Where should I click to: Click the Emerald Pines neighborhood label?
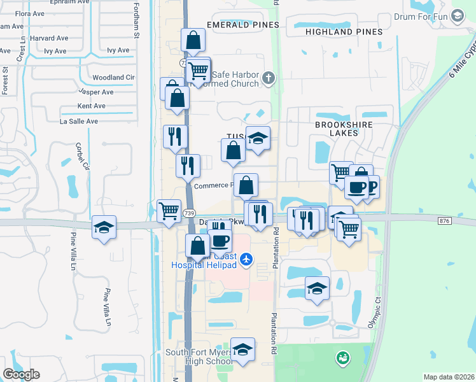pyautogui.click(x=242, y=25)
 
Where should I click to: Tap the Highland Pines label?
pyautogui.click(x=344, y=31)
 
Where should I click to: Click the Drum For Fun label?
pyautogui.click(x=422, y=17)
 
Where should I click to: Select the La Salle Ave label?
pyautogui.click(x=79, y=121)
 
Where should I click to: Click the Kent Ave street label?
pyautogui.click(x=91, y=106)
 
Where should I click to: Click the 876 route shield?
pyautogui.click(x=444, y=220)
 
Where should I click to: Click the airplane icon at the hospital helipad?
pyautogui.click(x=247, y=258)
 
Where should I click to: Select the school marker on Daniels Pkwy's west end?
pyautogui.click(x=104, y=228)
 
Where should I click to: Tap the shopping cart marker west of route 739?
pyautogui.click(x=169, y=211)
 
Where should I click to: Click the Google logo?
pyautogui.click(x=21, y=374)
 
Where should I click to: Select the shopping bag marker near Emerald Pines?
pyautogui.click(x=193, y=40)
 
